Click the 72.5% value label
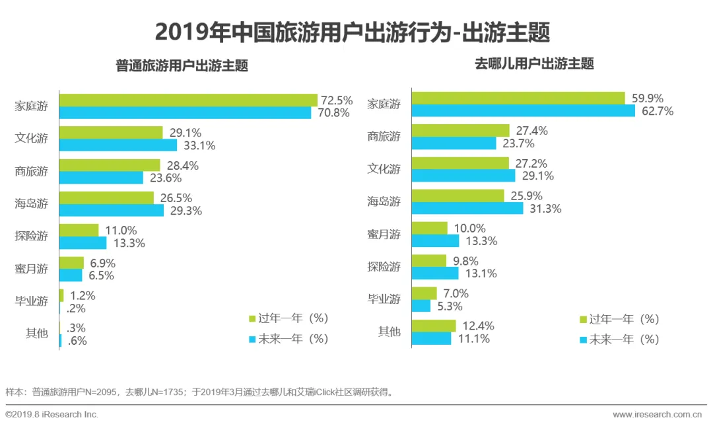click(x=337, y=100)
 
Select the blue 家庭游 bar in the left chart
click(x=185, y=113)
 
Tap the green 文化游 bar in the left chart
click(x=111, y=133)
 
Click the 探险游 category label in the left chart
click(x=32, y=236)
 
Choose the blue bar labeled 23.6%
click(x=101, y=178)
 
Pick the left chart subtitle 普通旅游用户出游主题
click(x=182, y=66)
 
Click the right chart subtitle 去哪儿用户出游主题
click(x=534, y=64)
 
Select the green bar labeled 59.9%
click(x=518, y=98)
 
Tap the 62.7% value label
click(x=658, y=111)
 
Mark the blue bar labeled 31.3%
click(x=467, y=208)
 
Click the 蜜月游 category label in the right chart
click(x=384, y=234)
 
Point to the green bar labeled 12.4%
click(x=433, y=326)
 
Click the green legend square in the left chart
click(x=252, y=319)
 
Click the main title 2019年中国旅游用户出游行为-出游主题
click(x=352, y=32)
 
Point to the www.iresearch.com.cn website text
click(x=657, y=414)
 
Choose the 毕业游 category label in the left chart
click(x=32, y=301)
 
